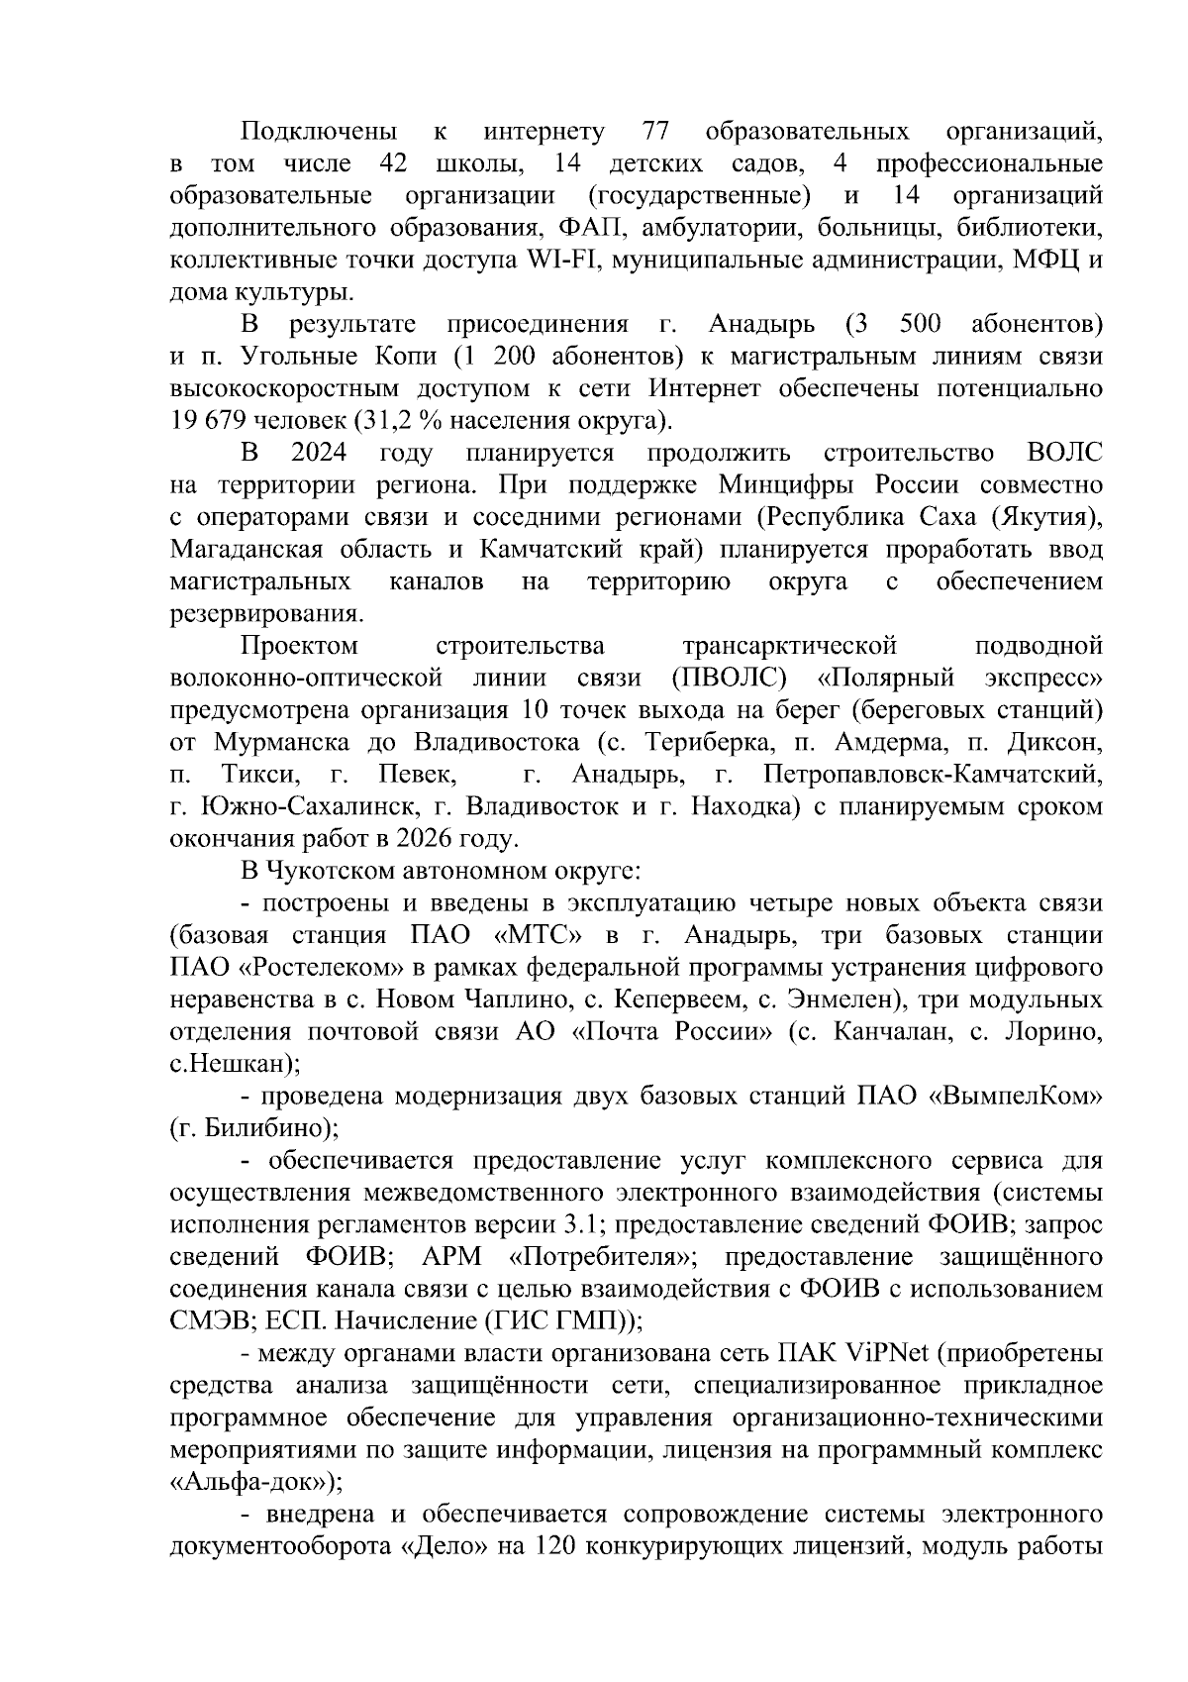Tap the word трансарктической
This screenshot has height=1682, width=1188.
(789, 647)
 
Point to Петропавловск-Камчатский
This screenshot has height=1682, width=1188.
(933, 774)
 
